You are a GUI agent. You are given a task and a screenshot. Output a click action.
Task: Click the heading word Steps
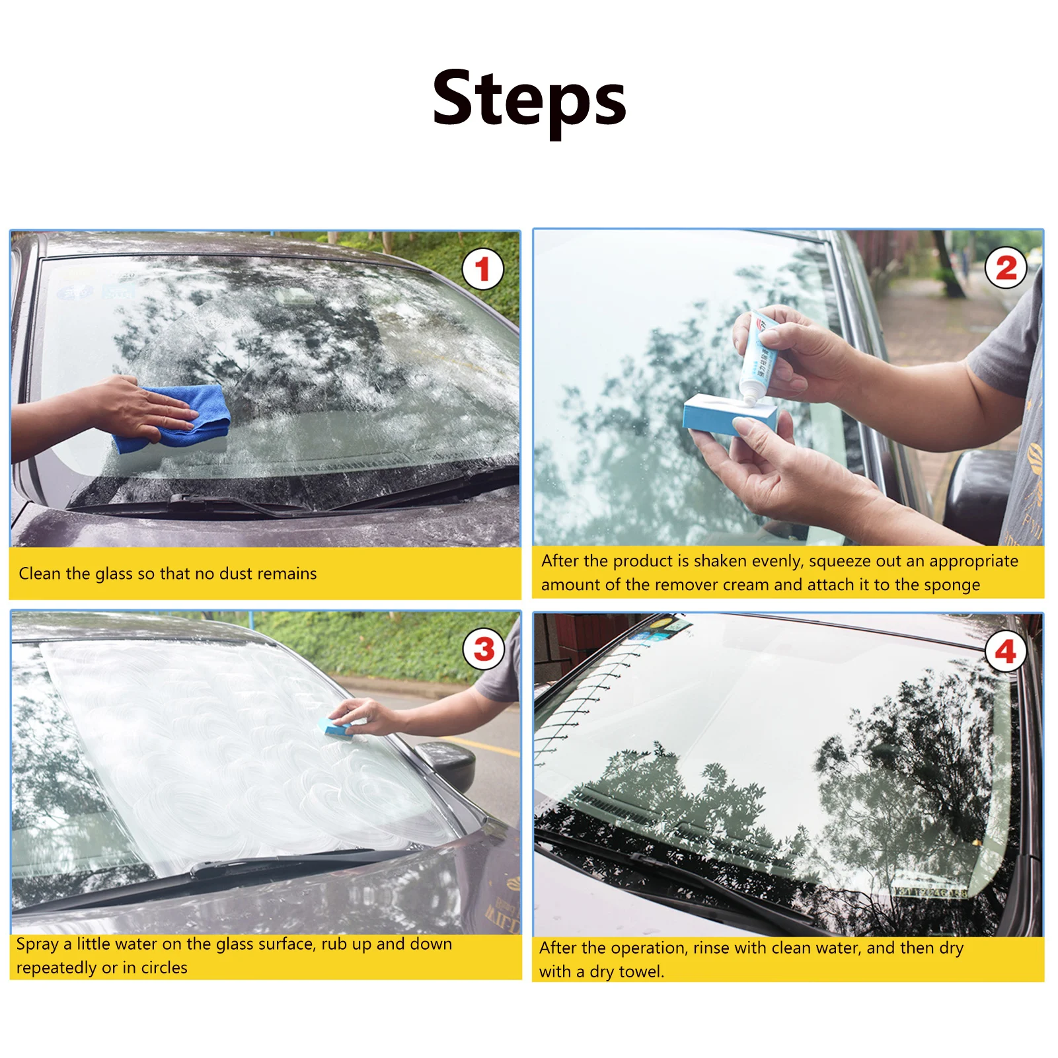point(529,100)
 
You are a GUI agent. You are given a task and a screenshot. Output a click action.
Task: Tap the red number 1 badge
point(482,269)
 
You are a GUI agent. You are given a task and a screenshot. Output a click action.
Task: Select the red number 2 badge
point(1006,268)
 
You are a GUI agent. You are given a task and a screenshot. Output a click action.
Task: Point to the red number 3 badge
point(484,649)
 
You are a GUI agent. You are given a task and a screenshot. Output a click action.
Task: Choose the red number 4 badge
point(1006,652)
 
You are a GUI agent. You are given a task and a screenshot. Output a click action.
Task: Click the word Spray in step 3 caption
point(38,945)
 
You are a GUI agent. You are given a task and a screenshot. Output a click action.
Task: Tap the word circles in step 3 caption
point(164,968)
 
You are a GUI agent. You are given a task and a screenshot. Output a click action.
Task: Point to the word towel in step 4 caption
point(642,972)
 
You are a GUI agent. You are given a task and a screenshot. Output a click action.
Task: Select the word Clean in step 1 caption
point(39,574)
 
